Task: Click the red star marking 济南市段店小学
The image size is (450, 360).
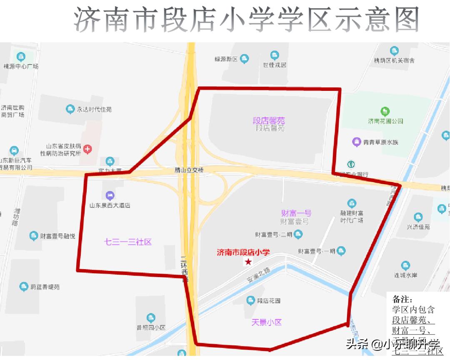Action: pos(248,262)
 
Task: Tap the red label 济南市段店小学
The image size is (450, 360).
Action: pos(243,252)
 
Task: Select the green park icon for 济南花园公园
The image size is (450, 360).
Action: pos(385,111)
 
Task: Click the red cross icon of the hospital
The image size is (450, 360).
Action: pos(87,149)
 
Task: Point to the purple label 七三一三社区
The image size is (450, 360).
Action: pos(127,242)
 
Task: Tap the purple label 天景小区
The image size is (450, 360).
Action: pos(267,322)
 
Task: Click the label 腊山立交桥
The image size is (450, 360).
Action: pos(189,170)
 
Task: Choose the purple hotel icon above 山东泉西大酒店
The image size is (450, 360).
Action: pos(110,195)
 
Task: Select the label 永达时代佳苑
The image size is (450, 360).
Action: pos(94,110)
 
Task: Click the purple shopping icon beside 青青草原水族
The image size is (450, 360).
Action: pos(357,142)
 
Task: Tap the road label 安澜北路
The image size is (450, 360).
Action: pos(259,275)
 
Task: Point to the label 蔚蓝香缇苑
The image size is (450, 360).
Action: pos(45,287)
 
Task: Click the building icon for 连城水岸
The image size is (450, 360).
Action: pos(405,265)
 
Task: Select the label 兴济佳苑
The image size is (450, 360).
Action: pos(418,227)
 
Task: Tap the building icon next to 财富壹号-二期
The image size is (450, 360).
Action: pos(298,235)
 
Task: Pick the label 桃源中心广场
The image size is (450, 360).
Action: pos(21,66)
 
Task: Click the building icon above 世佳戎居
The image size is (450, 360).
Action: pos(275,55)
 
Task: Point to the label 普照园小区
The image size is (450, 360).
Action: pos(151,327)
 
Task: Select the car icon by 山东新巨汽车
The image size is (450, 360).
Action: pos(15,150)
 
